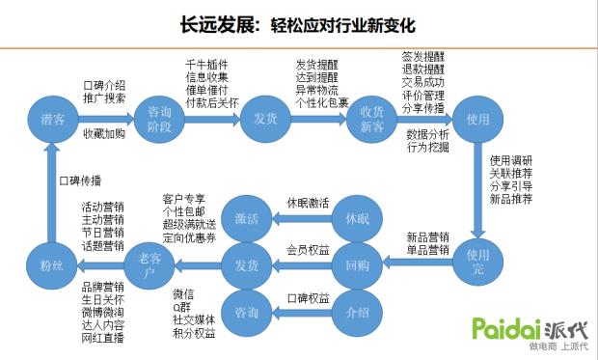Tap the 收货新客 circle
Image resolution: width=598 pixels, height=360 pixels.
[371, 119]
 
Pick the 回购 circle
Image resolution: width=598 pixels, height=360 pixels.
[357, 263]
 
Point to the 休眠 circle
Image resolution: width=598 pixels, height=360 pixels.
[357, 215]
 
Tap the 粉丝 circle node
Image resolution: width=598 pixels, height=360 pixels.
[52, 263]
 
